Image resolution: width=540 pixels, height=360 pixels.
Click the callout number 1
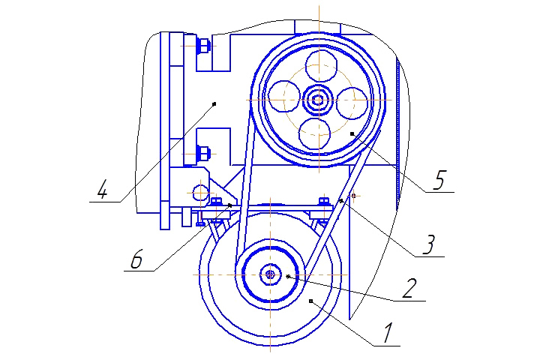[388, 333]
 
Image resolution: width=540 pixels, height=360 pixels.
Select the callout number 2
[409, 288]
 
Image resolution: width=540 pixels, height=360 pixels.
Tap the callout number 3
[429, 244]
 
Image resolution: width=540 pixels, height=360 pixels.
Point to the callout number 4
[102, 190]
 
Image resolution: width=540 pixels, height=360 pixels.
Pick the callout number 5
[439, 179]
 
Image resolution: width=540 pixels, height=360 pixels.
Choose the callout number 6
[136, 259]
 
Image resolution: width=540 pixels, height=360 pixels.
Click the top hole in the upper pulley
[321, 66]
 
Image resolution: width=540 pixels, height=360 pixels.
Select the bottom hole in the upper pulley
[315, 133]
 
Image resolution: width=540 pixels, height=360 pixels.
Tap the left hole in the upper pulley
[284, 97]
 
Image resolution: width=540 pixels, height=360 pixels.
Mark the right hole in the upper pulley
[352, 103]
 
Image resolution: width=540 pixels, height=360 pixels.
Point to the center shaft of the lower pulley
[270, 274]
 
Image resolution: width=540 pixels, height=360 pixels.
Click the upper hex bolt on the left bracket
[202, 46]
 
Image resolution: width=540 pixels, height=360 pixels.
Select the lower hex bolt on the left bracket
[202, 154]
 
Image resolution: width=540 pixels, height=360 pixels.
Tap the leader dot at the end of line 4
[214, 103]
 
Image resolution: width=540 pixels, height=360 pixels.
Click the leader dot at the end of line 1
[310, 301]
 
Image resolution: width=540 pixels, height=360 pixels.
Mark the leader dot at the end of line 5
[352, 133]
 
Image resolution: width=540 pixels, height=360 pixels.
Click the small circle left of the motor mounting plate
[200, 193]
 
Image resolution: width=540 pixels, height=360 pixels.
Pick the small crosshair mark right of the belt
[353, 196]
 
